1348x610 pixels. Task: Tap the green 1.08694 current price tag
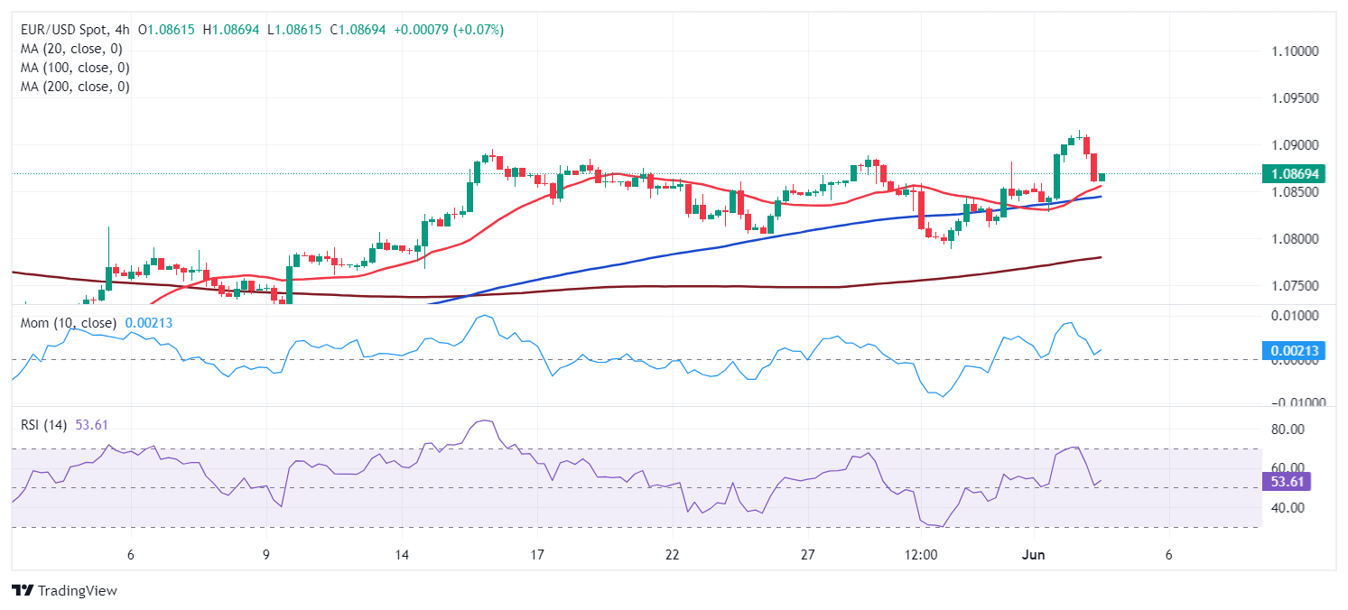click(1293, 173)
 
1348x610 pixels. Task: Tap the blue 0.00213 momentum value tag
click(1293, 350)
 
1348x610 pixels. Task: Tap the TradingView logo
click(65, 590)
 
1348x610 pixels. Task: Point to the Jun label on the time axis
click(1034, 554)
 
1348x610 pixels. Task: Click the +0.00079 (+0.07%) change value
click(448, 30)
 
